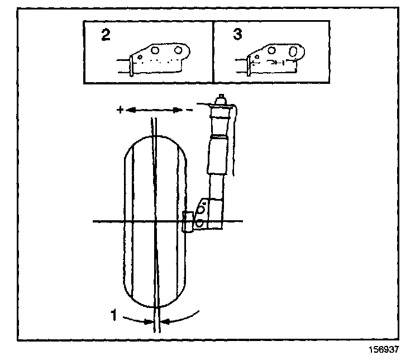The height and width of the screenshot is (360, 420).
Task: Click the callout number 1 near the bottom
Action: tap(114, 316)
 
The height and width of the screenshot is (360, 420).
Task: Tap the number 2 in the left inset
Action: tap(106, 35)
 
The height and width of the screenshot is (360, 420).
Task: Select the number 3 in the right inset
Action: tap(237, 35)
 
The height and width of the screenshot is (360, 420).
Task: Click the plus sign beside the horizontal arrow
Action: tap(119, 110)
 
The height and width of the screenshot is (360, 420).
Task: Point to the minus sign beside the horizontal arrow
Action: tap(190, 110)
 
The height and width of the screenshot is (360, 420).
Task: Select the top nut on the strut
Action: tap(221, 99)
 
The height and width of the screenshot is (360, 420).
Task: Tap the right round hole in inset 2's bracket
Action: tap(179, 51)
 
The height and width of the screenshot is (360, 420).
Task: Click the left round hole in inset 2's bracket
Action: tap(156, 51)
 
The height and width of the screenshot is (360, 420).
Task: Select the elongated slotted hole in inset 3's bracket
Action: tap(293, 52)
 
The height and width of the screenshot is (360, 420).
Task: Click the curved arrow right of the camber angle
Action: tap(182, 318)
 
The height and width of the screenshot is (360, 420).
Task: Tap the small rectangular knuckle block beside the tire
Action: tap(188, 221)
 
